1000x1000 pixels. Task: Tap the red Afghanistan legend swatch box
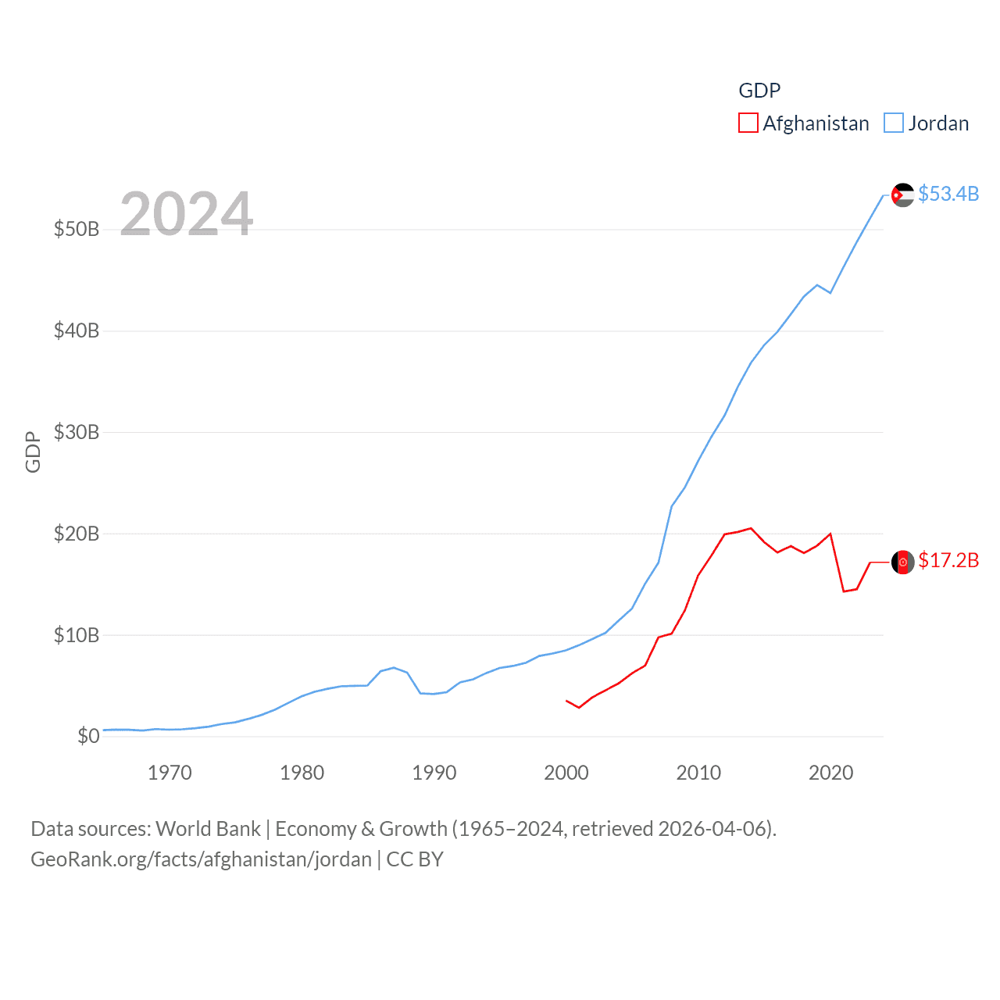coord(748,123)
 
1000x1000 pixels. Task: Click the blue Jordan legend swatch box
coord(894,123)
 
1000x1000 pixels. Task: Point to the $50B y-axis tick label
coord(77,229)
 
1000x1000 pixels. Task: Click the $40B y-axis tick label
coord(77,330)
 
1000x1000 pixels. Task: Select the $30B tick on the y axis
coord(77,432)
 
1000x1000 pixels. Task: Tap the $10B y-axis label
coord(77,635)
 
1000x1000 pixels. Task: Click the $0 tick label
coord(88,736)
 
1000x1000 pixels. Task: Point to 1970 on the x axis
coord(170,773)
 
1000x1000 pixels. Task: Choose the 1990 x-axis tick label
coord(434,773)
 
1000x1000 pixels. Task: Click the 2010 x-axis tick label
coord(698,773)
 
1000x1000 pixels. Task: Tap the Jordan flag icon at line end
coord(902,195)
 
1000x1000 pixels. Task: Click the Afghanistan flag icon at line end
coord(902,562)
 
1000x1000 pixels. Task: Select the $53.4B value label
coord(948,194)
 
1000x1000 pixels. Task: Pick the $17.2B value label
coord(948,560)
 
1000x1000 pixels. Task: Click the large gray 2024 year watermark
coord(187,214)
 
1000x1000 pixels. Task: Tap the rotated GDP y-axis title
coord(33,452)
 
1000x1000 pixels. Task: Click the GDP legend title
coord(759,91)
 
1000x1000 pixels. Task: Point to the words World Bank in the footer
coord(208,829)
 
